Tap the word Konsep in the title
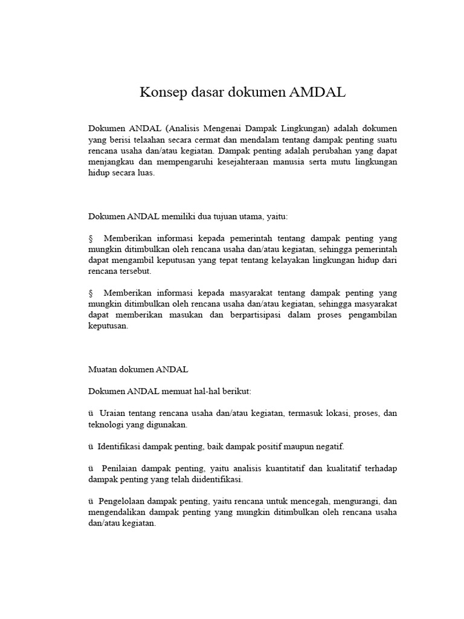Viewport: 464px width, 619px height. [x=161, y=92]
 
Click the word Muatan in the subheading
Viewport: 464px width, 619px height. [x=103, y=369]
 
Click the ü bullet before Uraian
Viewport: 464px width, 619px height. [x=91, y=413]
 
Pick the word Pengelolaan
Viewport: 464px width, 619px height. [x=124, y=502]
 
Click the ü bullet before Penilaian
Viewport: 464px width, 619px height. [x=91, y=468]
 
